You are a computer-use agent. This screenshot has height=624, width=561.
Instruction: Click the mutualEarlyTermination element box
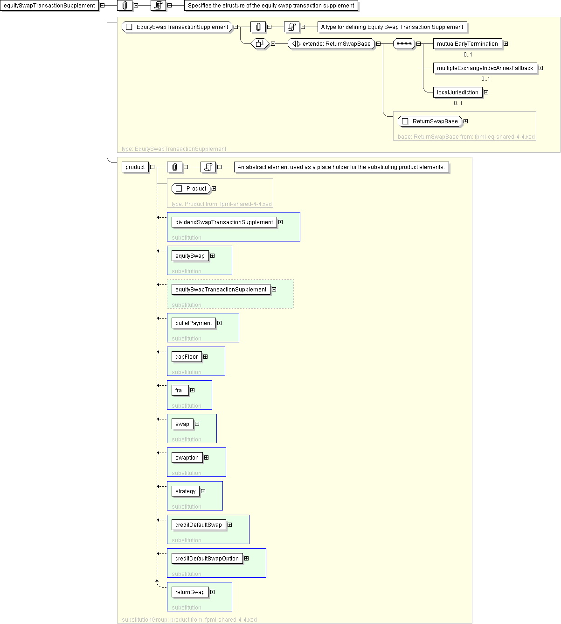tap(467, 44)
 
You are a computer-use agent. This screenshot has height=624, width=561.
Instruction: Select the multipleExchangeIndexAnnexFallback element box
tap(485, 68)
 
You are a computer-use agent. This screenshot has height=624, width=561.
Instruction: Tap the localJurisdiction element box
tap(457, 92)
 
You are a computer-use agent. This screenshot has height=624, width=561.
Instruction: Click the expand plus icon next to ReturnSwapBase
tap(465, 121)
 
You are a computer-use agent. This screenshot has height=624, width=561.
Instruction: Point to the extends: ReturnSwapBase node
tap(332, 44)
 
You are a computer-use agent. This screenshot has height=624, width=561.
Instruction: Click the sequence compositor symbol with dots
tap(404, 44)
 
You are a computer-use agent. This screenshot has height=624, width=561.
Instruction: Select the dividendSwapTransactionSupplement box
tap(224, 222)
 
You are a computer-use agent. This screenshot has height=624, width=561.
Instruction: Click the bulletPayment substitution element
tap(194, 323)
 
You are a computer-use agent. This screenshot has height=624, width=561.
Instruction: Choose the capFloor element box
tap(187, 356)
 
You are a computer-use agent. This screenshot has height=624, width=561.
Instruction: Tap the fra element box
tap(180, 390)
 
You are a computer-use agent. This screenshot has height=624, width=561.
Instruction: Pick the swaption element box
tap(187, 458)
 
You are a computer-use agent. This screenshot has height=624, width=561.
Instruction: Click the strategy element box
tap(186, 491)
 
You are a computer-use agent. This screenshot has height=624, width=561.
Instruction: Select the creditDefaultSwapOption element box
tap(207, 558)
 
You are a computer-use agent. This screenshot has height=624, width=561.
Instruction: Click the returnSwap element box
tap(190, 592)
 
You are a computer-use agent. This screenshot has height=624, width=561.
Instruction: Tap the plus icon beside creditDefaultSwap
tap(229, 525)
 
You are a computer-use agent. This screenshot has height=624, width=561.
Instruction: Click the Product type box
tap(191, 189)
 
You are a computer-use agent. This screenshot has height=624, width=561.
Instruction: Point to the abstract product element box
tap(135, 167)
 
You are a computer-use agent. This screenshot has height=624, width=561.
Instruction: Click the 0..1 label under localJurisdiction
tap(458, 103)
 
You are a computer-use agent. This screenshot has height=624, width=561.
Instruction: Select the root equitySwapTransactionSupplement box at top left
tap(49, 6)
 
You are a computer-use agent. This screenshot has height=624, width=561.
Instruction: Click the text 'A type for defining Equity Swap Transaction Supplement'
tap(392, 27)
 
